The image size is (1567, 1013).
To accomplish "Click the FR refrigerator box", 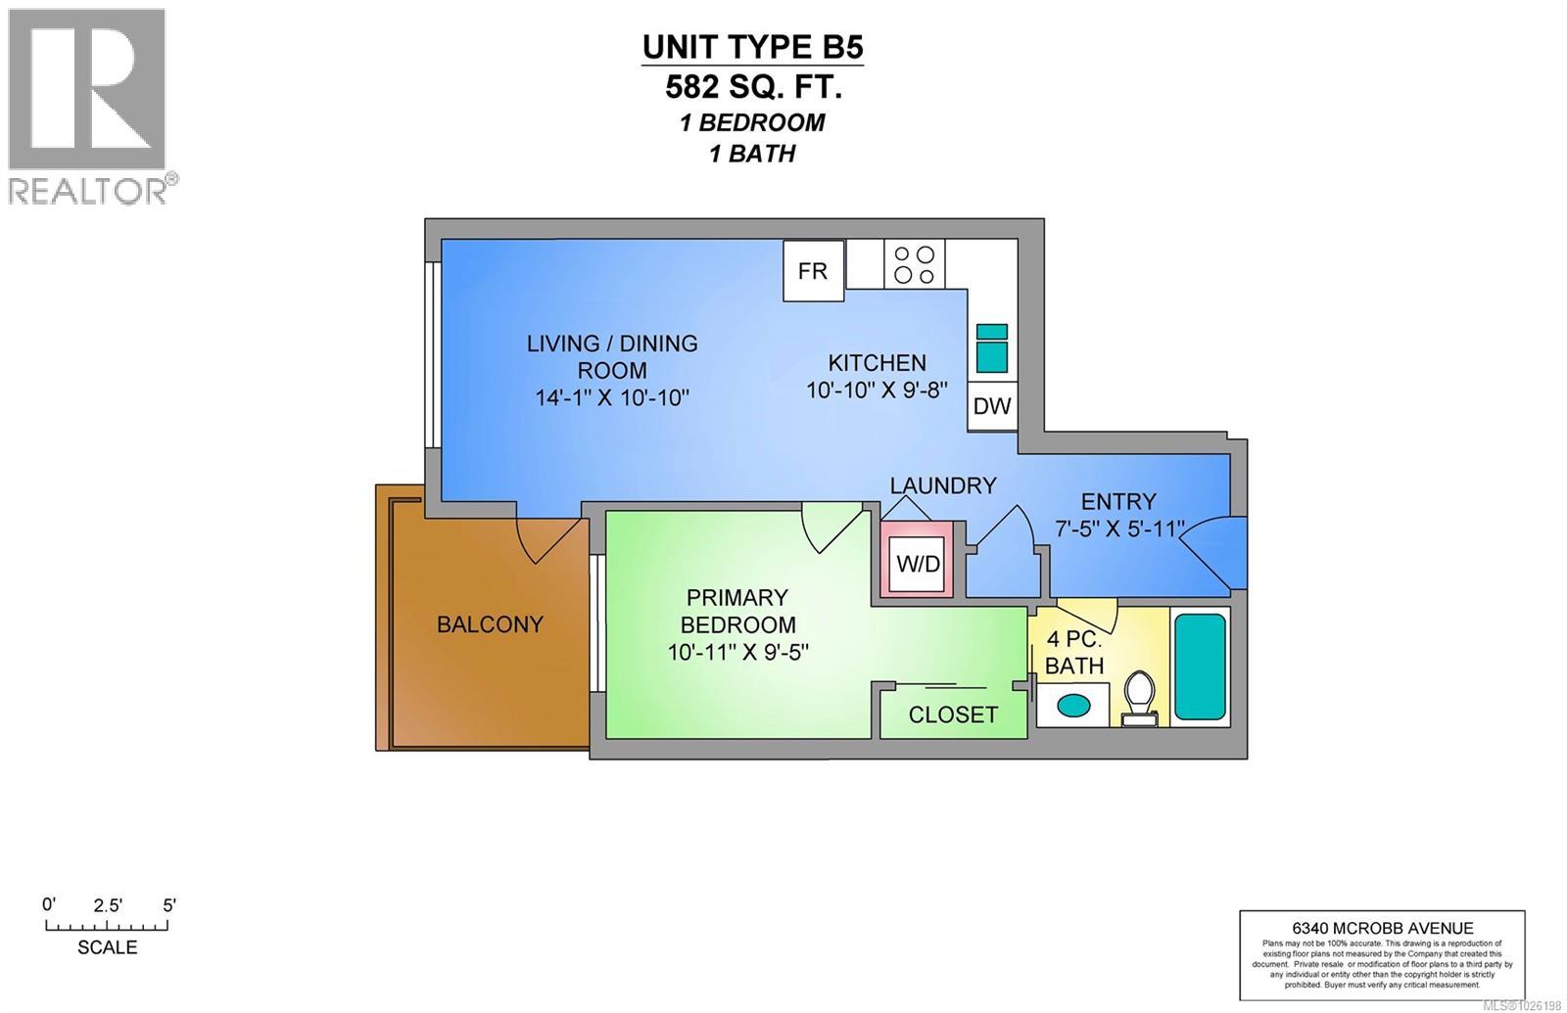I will pos(813,271).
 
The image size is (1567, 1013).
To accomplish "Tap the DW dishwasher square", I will pos(992,406).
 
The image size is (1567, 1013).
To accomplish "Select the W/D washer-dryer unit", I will pos(919,565).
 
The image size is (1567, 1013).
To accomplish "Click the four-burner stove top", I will pos(915,264).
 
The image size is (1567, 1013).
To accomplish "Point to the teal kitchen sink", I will pos(992,348).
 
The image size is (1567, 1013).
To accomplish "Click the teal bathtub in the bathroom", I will pos(1200,668).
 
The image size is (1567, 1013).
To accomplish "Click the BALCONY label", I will pos(490,624).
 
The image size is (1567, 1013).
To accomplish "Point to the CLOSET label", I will pos(953,715).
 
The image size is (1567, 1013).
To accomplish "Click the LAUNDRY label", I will pos(943,485).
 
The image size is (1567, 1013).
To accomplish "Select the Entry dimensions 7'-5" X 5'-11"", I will pos(1119,529).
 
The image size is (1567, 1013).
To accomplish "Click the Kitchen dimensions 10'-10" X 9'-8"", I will pos(878,391).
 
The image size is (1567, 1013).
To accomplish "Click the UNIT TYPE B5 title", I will pos(753,47).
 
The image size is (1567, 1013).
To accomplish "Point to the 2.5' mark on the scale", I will pos(108,906).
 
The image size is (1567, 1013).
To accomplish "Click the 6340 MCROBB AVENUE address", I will pos(1382,929).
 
